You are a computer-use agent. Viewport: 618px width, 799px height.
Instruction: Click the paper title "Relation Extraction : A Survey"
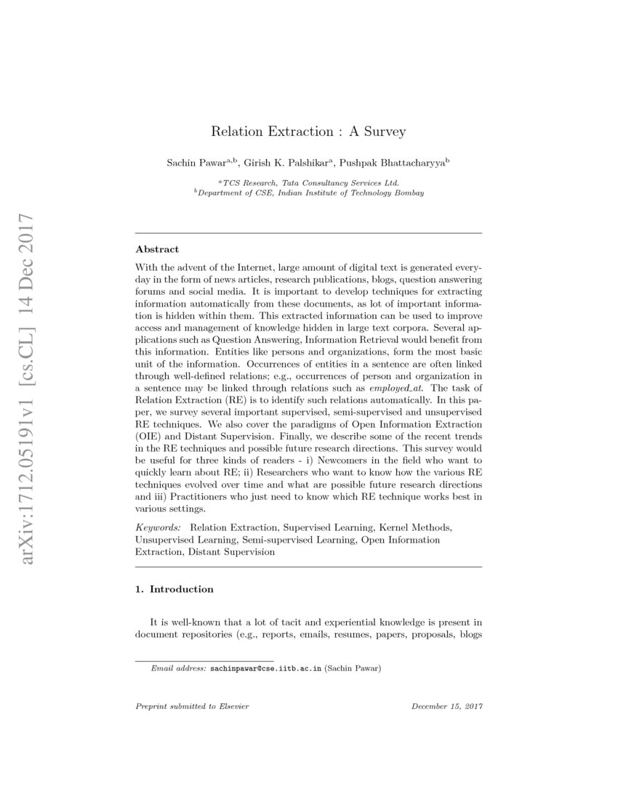coord(308,131)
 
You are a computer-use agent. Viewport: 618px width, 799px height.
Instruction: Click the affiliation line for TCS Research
coord(308,183)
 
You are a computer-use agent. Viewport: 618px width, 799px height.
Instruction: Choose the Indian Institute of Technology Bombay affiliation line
coord(308,193)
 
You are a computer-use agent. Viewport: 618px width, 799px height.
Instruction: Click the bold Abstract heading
coord(157,249)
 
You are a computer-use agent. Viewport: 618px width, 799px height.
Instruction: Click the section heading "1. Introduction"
coord(174,589)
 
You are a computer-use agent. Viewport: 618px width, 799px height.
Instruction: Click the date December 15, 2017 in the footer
coord(447,706)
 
